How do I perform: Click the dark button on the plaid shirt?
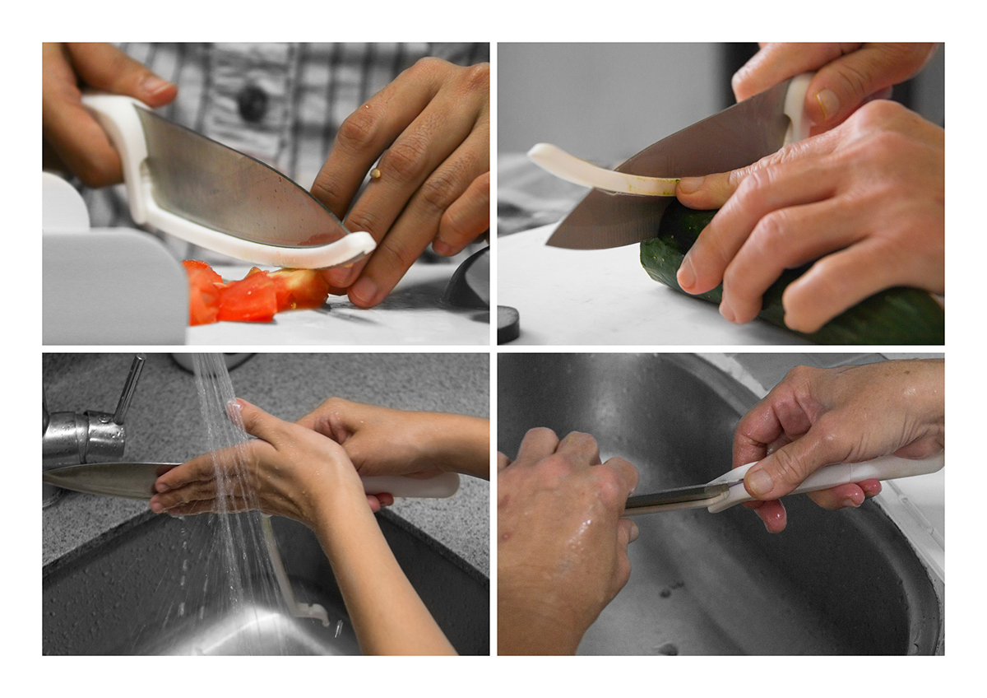click(253, 104)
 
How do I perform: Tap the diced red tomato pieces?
click(247, 295)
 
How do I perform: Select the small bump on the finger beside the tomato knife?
click(375, 174)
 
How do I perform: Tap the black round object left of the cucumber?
click(507, 323)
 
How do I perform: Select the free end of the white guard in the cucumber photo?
click(538, 155)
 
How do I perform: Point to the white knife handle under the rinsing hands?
click(419, 486)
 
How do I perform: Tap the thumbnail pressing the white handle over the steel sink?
click(758, 482)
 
